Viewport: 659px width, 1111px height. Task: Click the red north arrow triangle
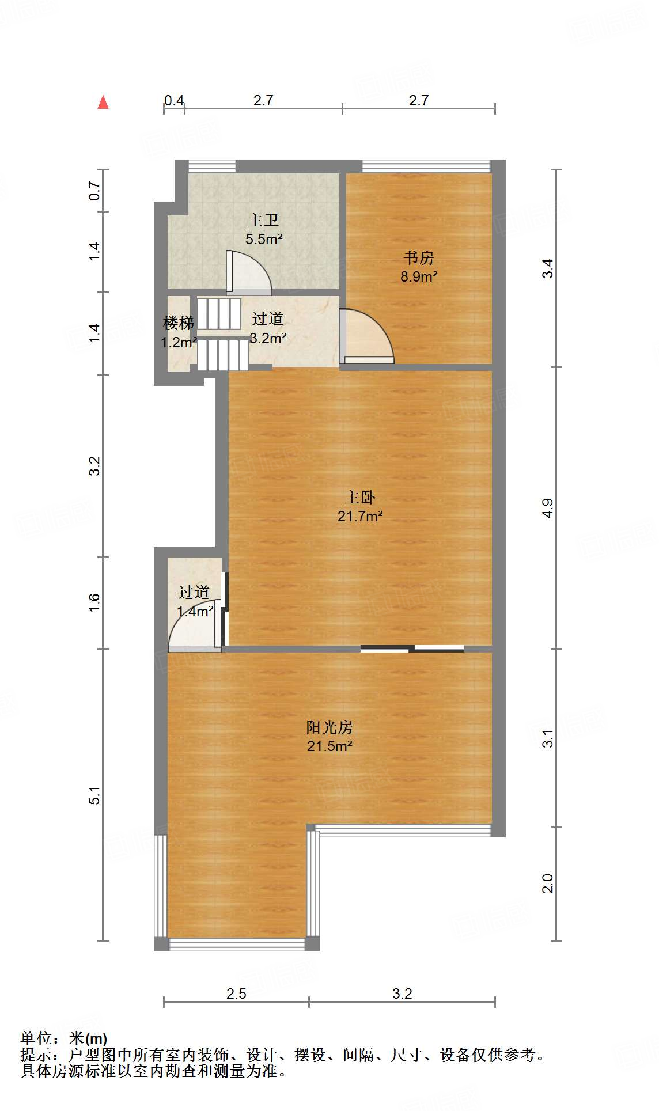coord(103,103)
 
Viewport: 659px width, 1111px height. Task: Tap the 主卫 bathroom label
coord(263,221)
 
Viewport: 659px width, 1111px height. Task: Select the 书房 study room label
coord(419,257)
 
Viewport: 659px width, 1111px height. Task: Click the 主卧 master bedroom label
coord(360,497)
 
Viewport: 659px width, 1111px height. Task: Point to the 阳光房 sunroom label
coord(329,727)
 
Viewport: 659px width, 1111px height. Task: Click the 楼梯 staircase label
coord(178,323)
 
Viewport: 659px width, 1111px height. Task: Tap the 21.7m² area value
coord(360,516)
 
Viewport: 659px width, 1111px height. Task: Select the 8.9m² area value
coord(419,276)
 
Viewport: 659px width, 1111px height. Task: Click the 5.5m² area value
coord(264,239)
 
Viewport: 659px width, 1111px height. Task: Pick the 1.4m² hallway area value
coord(195,611)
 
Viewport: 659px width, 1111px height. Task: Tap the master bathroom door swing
coord(249,272)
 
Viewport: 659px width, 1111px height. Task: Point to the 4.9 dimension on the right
coord(548,508)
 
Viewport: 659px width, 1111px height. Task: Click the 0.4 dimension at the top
coord(173,101)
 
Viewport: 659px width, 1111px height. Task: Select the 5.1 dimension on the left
coord(94,795)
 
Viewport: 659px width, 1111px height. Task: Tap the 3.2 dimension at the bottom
coord(402,994)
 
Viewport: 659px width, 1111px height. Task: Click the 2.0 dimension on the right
coord(548,884)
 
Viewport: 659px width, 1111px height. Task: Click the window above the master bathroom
coord(212,166)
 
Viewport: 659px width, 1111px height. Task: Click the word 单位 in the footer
coord(36,1038)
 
